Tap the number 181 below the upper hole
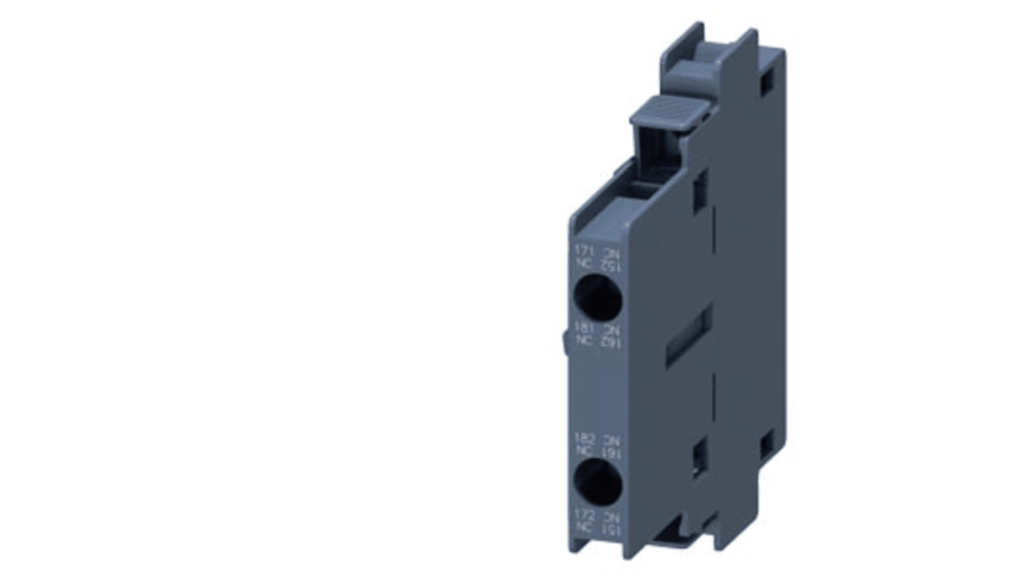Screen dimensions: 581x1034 coord(577,327)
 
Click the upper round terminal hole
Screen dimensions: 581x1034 coord(596,296)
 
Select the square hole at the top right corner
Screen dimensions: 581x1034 coord(767,86)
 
